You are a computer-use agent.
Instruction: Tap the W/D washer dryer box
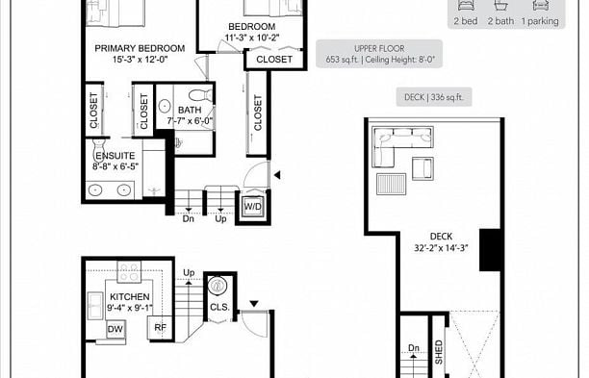point(253,206)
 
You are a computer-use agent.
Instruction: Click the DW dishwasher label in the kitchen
point(115,329)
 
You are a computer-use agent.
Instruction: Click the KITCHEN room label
point(129,297)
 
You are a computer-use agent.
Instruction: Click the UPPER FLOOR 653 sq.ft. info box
point(379,54)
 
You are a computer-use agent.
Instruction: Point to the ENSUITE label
point(115,156)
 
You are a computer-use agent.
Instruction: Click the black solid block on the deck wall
point(490,248)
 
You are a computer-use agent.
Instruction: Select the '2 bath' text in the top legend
point(500,20)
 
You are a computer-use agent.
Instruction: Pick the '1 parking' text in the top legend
point(541,20)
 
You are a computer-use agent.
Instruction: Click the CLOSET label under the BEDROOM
point(274,60)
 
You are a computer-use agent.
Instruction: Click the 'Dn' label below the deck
point(414,348)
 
